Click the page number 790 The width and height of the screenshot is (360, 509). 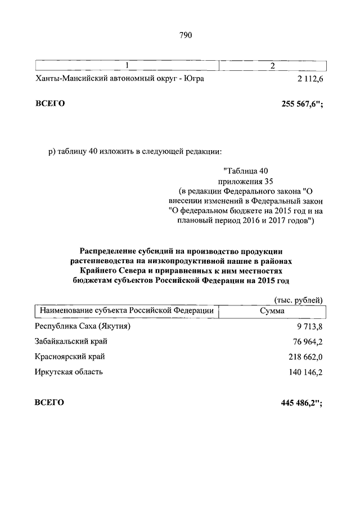(186, 35)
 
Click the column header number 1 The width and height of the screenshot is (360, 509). (127, 66)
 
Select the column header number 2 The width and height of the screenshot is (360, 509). (272, 66)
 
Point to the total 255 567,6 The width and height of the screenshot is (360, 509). (301, 104)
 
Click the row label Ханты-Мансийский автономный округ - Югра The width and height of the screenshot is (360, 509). (119, 79)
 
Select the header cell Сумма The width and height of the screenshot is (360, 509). (272, 310)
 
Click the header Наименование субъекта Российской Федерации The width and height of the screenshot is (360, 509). (125, 310)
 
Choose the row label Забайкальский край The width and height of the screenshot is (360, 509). (71, 341)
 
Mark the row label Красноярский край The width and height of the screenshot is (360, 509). (70, 357)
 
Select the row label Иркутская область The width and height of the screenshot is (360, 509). (69, 372)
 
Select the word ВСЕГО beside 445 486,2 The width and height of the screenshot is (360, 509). (49, 403)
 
